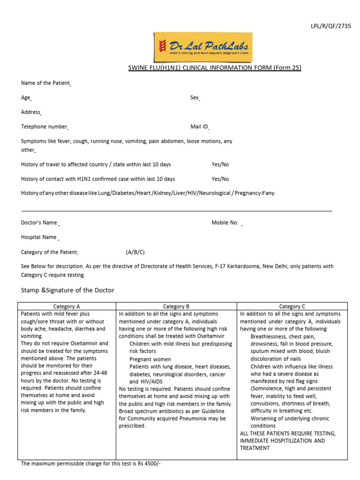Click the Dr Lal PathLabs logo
click(203, 46)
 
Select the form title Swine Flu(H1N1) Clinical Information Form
click(215, 68)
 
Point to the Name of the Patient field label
click(45, 83)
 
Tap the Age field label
click(26, 98)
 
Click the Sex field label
click(195, 98)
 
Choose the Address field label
click(31, 112)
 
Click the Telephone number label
click(45, 127)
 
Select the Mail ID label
click(199, 127)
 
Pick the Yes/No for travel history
click(220, 165)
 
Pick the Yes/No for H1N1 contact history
click(220, 179)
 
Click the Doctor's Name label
click(39, 223)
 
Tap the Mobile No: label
click(225, 223)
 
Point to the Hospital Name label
click(39, 238)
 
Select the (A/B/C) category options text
click(135, 252)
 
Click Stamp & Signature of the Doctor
click(67, 291)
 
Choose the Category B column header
click(176, 307)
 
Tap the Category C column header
click(292, 307)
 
